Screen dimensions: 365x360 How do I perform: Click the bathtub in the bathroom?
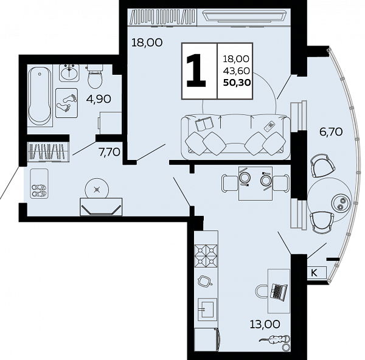pyautogui.click(x=40, y=96)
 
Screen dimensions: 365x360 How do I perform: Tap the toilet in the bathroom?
pyautogui.click(x=95, y=76)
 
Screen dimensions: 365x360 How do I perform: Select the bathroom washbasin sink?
pyautogui.click(x=69, y=72)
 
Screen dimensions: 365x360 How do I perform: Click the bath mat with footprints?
pyautogui.click(x=66, y=103)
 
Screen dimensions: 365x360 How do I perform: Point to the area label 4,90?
pyautogui.click(x=99, y=99)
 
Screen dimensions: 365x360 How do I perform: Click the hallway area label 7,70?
pyautogui.click(x=109, y=152)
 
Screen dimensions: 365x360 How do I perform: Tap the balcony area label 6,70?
pyautogui.click(x=331, y=132)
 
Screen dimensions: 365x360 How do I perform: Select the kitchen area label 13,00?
pyautogui.click(x=265, y=324)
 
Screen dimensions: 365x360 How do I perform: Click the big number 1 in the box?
pyautogui.click(x=196, y=71)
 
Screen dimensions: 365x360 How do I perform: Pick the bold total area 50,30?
pyautogui.click(x=237, y=82)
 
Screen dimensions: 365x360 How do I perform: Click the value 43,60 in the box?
pyautogui.click(x=236, y=71)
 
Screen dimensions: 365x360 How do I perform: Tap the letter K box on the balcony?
pyautogui.click(x=317, y=272)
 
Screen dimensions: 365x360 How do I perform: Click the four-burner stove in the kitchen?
pyautogui.click(x=206, y=255)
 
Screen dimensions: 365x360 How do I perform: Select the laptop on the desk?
pyautogui.click(x=279, y=291)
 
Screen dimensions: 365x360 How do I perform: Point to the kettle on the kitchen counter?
pyautogui.click(x=204, y=282)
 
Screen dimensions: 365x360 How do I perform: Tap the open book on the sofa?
pyautogui.click(x=204, y=123)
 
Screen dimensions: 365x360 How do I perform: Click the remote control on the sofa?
pyautogui.click(x=269, y=126)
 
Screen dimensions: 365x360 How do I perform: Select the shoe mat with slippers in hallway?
pyautogui.click(x=39, y=184)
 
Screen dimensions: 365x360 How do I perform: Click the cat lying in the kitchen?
pyautogui.click(x=275, y=340)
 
